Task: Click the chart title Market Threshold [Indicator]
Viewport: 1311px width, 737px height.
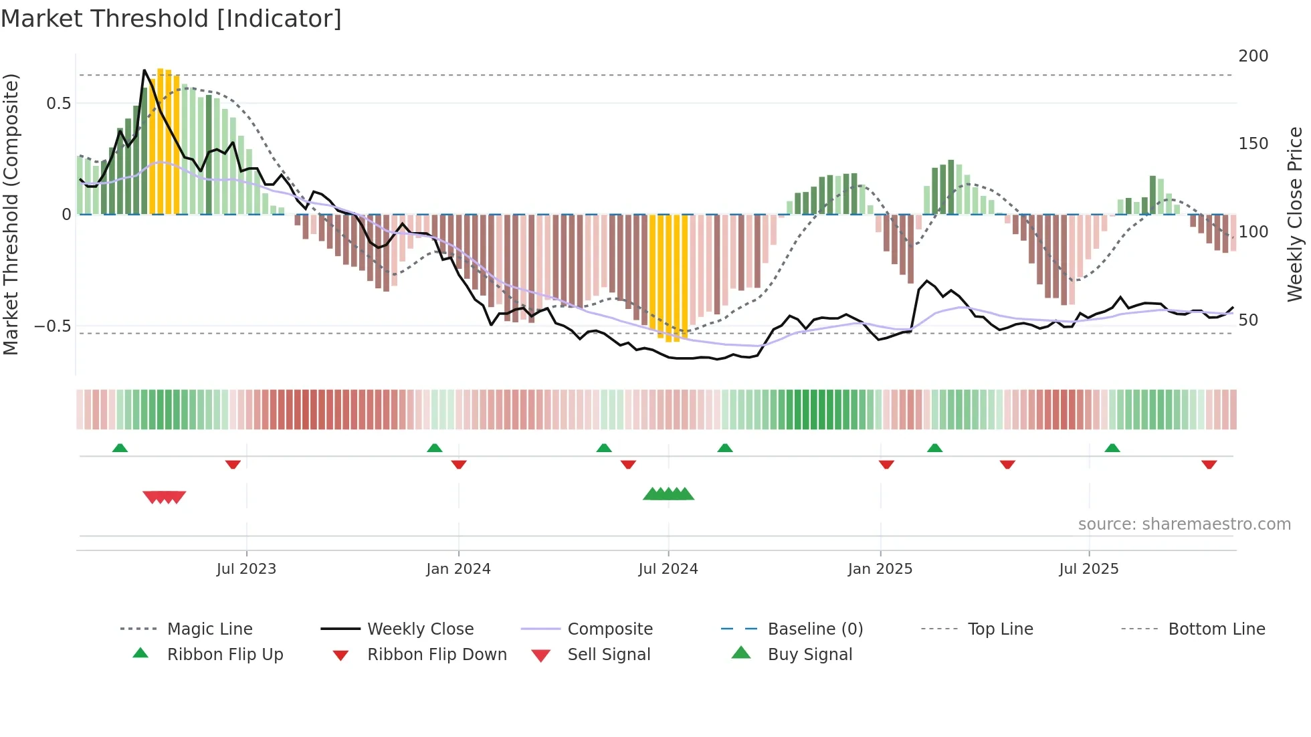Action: point(171,19)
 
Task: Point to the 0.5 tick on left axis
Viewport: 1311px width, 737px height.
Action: point(58,103)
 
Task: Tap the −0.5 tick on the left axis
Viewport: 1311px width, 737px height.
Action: point(52,326)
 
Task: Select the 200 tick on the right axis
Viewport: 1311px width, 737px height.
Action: point(1253,56)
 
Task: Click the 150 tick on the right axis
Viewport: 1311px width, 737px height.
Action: point(1253,144)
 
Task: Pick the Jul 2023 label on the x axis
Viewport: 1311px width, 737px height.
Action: point(246,568)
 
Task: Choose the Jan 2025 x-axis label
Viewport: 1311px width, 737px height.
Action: point(880,568)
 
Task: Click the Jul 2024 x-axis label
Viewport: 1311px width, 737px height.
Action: point(668,568)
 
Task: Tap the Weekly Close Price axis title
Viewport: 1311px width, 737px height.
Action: point(1295,214)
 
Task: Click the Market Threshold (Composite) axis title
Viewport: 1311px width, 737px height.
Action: point(11,214)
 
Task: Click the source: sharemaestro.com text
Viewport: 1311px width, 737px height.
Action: point(1184,524)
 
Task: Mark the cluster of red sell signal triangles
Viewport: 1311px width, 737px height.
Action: point(164,497)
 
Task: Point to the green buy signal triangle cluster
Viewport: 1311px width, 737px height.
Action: point(668,494)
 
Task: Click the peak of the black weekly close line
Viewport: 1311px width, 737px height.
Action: point(144,70)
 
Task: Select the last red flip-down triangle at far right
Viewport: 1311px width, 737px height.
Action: point(1209,464)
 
